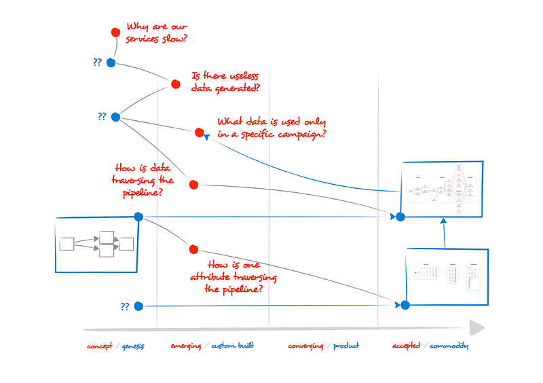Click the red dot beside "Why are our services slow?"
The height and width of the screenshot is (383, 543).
pyautogui.click(x=115, y=32)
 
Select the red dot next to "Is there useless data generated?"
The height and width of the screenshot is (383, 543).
pyautogui.click(x=175, y=85)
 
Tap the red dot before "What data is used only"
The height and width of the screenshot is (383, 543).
pyautogui.click(x=199, y=132)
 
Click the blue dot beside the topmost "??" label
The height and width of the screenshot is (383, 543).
pyautogui.click(x=111, y=62)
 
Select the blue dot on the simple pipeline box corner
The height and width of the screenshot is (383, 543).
pyautogui.click(x=138, y=217)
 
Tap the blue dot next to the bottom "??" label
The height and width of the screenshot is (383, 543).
pyautogui.click(x=138, y=306)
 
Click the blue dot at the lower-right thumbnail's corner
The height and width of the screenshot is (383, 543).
pyautogui.click(x=405, y=305)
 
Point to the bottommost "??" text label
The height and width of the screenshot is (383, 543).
pyautogui.click(x=125, y=307)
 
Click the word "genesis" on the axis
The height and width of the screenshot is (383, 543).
pyautogui.click(x=133, y=346)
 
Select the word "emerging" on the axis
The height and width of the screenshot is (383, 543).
pyautogui.click(x=186, y=346)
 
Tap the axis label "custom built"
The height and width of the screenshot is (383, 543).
pyautogui.click(x=232, y=346)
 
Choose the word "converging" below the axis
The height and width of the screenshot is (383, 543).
pyautogui.click(x=305, y=346)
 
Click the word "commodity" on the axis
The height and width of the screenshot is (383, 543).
pyautogui.click(x=449, y=346)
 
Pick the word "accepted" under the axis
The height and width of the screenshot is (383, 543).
pyautogui.click(x=406, y=346)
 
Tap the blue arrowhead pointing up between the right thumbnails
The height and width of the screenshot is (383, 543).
pyautogui.click(x=443, y=221)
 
